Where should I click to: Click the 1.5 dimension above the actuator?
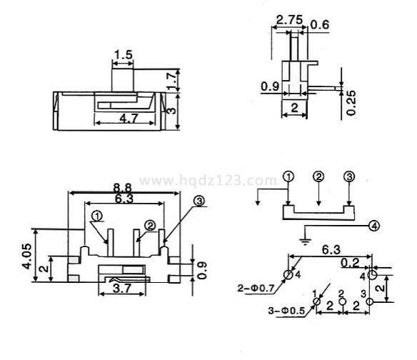pyautogui.click(x=123, y=55)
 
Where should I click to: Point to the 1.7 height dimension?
pyautogui.click(x=172, y=80)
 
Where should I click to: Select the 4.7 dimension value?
pyautogui.click(x=129, y=118)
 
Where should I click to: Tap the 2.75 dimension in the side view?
pyautogui.click(x=289, y=20)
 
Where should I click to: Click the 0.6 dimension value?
pyautogui.click(x=320, y=24)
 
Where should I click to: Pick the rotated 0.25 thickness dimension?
pyautogui.click(x=351, y=103)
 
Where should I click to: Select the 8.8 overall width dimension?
pyautogui.click(x=123, y=188)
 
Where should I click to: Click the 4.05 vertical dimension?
pyautogui.click(x=27, y=256)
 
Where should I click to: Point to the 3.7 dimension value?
pyautogui.click(x=122, y=288)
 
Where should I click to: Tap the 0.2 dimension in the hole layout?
pyautogui.click(x=350, y=263)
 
